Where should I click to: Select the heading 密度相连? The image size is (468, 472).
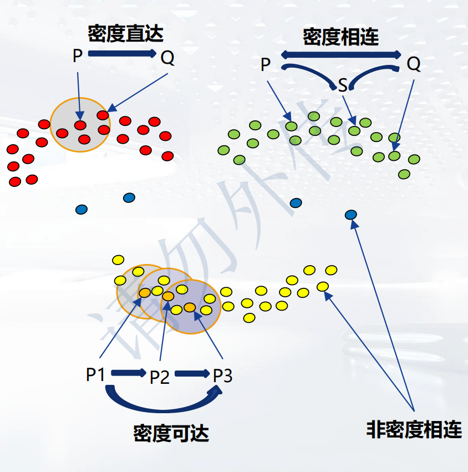[341, 37]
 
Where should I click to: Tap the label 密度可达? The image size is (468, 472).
[171, 433]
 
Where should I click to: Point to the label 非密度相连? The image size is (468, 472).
[414, 429]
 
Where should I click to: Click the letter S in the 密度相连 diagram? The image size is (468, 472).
[343, 85]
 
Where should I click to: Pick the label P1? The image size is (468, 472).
[95, 375]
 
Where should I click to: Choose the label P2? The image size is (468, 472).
[160, 378]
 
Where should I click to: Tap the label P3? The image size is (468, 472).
[223, 375]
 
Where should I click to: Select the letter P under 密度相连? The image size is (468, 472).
[266, 65]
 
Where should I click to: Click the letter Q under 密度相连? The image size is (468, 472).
[414, 64]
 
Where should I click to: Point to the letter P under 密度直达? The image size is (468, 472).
[78, 55]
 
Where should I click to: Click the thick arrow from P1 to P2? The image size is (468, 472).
[128, 373]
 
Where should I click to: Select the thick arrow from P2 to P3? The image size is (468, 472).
[191, 374]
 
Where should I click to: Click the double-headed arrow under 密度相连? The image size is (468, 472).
[341, 54]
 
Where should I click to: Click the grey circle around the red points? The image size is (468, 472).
[80, 124]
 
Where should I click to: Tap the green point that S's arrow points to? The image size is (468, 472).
[354, 131]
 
